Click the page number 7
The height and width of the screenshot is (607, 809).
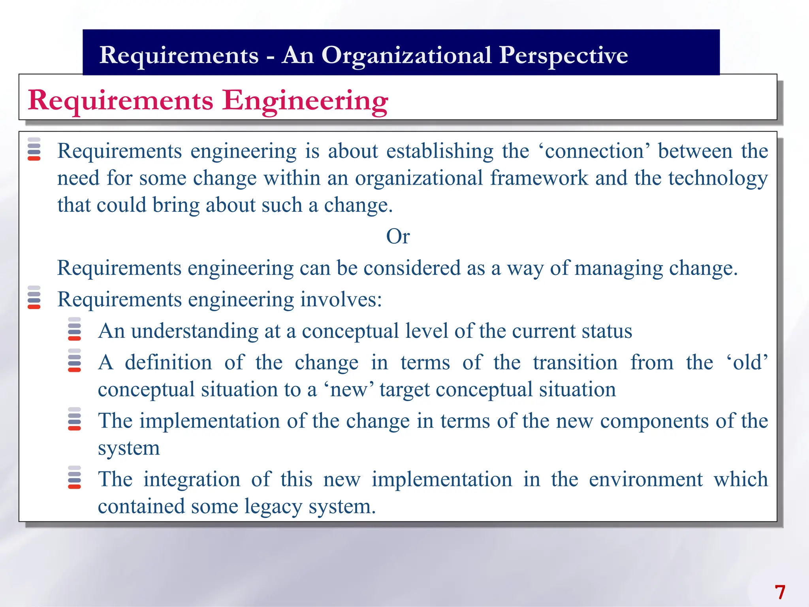tap(779, 592)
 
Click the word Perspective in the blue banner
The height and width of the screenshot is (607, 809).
tap(563, 55)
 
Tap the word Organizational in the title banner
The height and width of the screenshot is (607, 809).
tap(406, 55)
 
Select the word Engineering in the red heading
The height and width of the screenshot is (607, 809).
tap(305, 101)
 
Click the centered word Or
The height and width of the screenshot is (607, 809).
tap(398, 236)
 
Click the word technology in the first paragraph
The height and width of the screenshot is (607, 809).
tap(718, 178)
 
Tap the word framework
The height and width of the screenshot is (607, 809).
tap(539, 178)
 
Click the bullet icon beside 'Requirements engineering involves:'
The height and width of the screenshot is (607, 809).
tap(34, 297)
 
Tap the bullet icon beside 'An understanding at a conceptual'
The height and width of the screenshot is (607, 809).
tap(74, 329)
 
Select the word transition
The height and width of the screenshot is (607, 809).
tap(575, 362)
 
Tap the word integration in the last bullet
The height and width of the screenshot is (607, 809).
tap(192, 479)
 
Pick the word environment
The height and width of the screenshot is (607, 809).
tap(645, 479)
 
